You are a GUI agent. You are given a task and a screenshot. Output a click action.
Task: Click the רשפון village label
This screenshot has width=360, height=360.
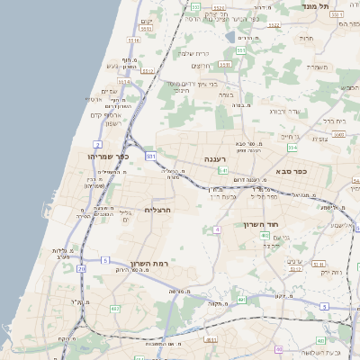(106, 122)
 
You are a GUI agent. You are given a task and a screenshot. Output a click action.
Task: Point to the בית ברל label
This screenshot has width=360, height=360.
(336, 120)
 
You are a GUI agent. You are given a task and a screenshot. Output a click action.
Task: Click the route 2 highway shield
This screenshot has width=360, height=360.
(97, 144)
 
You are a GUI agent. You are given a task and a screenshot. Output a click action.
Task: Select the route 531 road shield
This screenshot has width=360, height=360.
(150, 157)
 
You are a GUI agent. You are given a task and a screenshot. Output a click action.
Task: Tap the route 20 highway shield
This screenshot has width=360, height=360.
(82, 268)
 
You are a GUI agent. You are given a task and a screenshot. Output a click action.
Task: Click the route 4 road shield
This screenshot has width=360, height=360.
(217, 229)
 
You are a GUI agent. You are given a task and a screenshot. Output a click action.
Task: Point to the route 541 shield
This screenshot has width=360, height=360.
(221, 170)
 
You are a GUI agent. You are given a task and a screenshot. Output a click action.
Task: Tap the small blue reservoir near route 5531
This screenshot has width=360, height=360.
(243, 39)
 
